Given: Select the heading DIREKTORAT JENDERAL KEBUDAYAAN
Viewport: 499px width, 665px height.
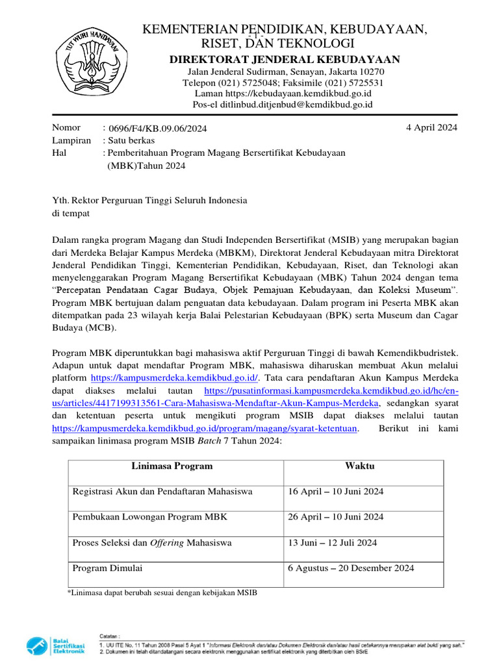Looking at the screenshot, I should tap(285, 60).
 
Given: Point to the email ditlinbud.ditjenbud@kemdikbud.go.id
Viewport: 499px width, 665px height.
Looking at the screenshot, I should tap(283, 104).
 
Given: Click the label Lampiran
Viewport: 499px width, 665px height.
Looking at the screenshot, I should tap(71, 140).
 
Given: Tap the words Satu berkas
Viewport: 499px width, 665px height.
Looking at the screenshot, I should tap(131, 140).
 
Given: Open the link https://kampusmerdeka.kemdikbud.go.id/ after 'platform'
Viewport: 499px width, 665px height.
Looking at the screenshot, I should tap(175, 377).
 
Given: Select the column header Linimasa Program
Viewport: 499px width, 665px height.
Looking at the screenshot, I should tap(172, 466).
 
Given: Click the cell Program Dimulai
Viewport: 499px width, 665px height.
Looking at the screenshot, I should tap(108, 568).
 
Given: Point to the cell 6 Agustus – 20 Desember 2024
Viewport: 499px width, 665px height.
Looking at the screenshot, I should tap(351, 568).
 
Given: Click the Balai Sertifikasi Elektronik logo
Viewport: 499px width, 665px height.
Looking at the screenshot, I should tap(56, 646).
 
